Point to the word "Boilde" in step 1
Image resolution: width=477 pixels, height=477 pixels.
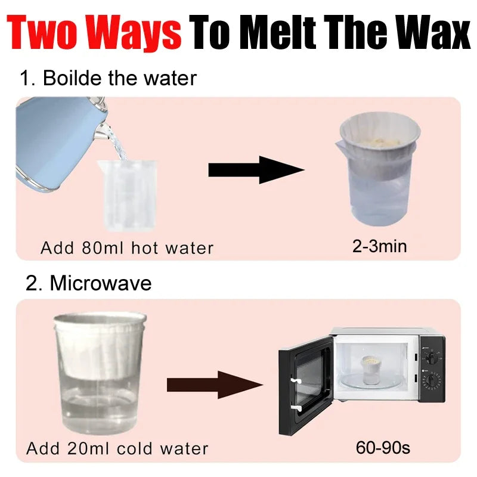(72, 78)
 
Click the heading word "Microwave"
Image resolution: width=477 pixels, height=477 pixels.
(101, 283)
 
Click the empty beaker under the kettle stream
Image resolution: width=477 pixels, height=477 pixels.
(127, 196)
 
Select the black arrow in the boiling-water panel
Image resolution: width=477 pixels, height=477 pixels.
(256, 170)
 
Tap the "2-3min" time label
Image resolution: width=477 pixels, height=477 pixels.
(379, 246)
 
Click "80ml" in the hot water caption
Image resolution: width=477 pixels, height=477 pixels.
(102, 248)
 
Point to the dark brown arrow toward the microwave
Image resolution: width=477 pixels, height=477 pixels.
(215, 385)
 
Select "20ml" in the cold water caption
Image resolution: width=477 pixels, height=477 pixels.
(88, 448)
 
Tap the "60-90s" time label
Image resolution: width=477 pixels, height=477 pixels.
(383, 448)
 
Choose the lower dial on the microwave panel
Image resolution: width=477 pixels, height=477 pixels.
(431, 380)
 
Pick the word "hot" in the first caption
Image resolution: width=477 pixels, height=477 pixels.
(144, 248)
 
